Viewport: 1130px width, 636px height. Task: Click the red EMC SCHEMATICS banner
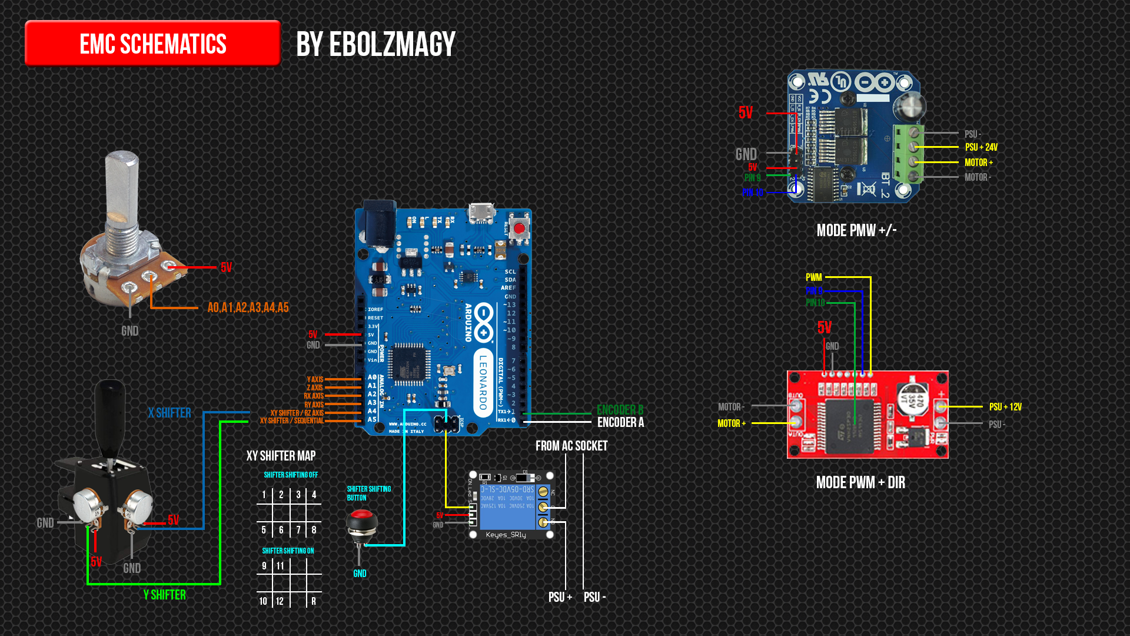click(152, 44)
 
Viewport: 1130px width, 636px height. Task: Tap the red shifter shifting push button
click(361, 522)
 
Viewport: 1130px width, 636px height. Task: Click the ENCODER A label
click(620, 422)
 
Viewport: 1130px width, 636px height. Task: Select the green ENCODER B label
click(620, 409)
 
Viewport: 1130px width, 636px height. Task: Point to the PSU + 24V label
click(981, 147)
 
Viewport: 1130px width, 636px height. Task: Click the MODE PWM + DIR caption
click(860, 482)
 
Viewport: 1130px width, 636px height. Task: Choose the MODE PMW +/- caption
click(856, 230)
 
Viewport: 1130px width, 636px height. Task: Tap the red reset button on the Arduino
click(519, 228)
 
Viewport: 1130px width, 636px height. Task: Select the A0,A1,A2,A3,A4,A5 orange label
click(248, 307)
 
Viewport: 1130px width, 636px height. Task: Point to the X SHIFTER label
click(169, 413)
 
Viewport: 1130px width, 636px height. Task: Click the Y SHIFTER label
click(165, 595)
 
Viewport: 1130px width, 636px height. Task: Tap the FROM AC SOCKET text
click(571, 446)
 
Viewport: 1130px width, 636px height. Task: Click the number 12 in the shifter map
click(280, 601)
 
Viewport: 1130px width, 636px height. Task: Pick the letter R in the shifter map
click(314, 601)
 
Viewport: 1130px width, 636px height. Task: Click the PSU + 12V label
click(1005, 407)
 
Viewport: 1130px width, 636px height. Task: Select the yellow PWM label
click(813, 277)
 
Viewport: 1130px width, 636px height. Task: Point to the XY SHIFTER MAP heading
click(281, 456)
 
